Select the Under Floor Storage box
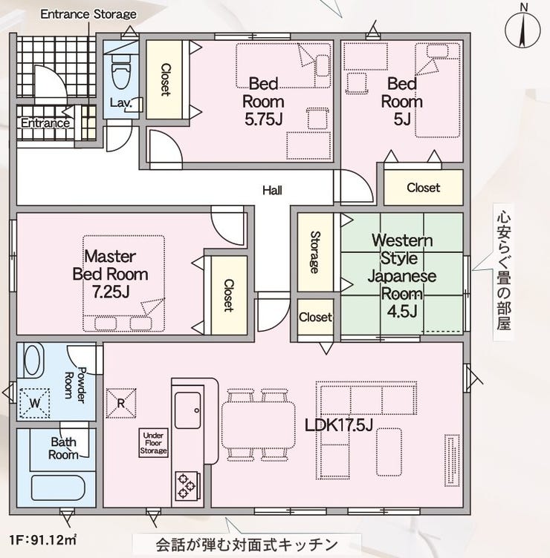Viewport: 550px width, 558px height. pyautogui.click(x=153, y=443)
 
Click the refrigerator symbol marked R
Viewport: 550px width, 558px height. pyautogui.click(x=121, y=403)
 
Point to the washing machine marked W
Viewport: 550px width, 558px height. pyautogui.click(x=35, y=403)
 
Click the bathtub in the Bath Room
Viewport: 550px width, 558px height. pyautogui.click(x=58, y=488)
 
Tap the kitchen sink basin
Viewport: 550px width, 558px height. pyautogui.click(x=188, y=410)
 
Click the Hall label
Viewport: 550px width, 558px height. pyautogui.click(x=272, y=191)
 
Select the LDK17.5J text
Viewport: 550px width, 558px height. pyautogui.click(x=339, y=425)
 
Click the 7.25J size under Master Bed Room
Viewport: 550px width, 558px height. pyautogui.click(x=111, y=292)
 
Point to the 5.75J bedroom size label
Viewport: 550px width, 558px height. pyautogui.click(x=263, y=119)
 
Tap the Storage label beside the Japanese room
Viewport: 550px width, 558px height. pyautogui.click(x=315, y=252)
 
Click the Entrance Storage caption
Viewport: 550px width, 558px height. pyautogui.click(x=88, y=14)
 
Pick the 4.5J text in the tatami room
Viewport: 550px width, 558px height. pyautogui.click(x=402, y=312)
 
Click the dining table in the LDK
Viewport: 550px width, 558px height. pyautogui.click(x=258, y=425)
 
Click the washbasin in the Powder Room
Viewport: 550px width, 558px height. pyautogui.click(x=33, y=359)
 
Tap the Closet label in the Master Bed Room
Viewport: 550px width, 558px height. pyautogui.click(x=228, y=295)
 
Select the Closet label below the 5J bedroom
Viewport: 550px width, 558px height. pyautogui.click(x=424, y=188)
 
